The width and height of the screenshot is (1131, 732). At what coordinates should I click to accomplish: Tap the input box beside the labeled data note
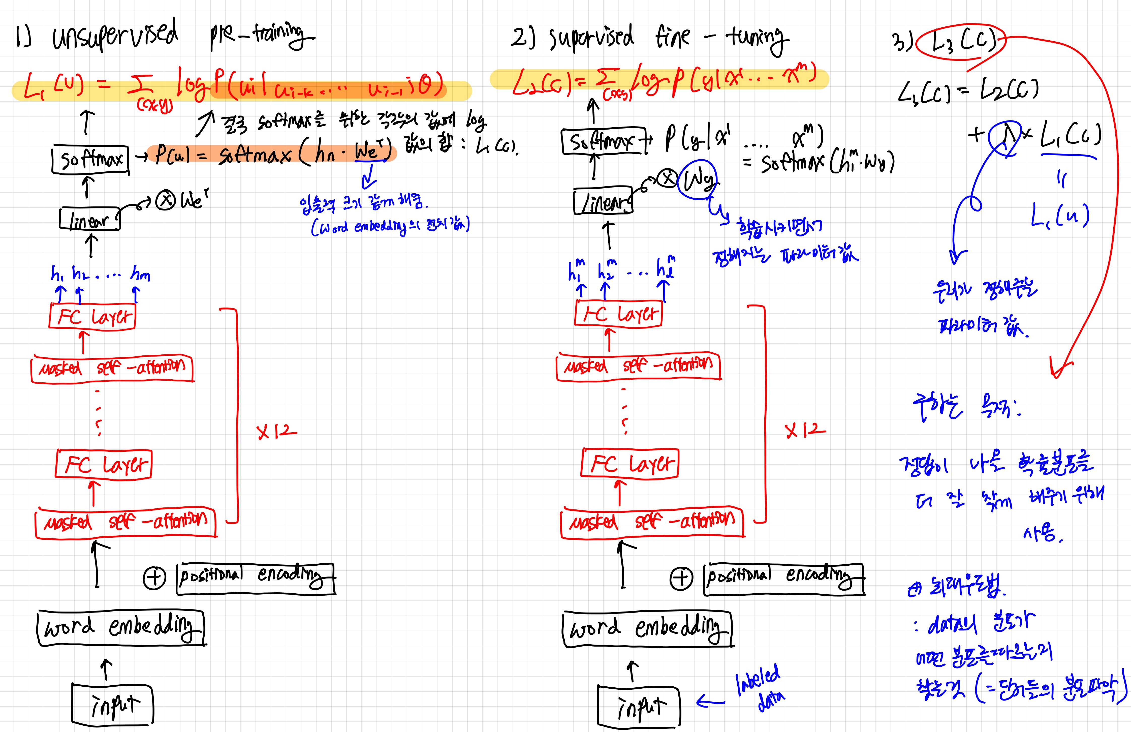tap(639, 707)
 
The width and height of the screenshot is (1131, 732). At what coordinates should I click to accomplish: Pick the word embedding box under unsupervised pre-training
tap(121, 628)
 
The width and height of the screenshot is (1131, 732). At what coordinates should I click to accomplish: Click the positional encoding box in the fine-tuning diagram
tap(784, 578)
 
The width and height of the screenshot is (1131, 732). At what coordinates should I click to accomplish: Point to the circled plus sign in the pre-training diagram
tap(154, 578)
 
